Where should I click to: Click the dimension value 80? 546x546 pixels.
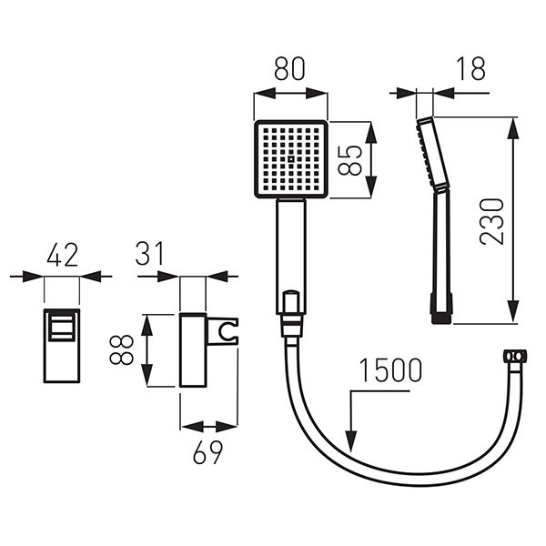[x=289, y=68]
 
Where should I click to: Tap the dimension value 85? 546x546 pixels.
[x=350, y=160]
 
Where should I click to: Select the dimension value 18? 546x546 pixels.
[x=470, y=68]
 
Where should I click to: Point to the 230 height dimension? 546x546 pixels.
[x=491, y=221]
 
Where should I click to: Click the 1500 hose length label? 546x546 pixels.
[x=390, y=370]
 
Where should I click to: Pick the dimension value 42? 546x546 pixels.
[x=62, y=255]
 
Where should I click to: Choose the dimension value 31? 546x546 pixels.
[x=149, y=254]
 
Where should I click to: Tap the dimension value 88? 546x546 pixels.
[x=122, y=349]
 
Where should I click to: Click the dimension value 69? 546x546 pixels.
[x=207, y=452]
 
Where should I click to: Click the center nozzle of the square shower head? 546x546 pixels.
[x=291, y=159]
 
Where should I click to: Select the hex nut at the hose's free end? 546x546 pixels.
[x=515, y=356]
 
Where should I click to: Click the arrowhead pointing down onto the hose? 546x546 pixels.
[x=351, y=441]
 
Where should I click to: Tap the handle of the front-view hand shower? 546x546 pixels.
[x=291, y=257]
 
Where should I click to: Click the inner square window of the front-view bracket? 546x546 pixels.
[x=61, y=327]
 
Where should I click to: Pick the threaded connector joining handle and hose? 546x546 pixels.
[x=291, y=325]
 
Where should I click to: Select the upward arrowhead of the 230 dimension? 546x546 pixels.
[x=512, y=128]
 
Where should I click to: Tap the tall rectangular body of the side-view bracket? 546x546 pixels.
[x=193, y=350]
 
